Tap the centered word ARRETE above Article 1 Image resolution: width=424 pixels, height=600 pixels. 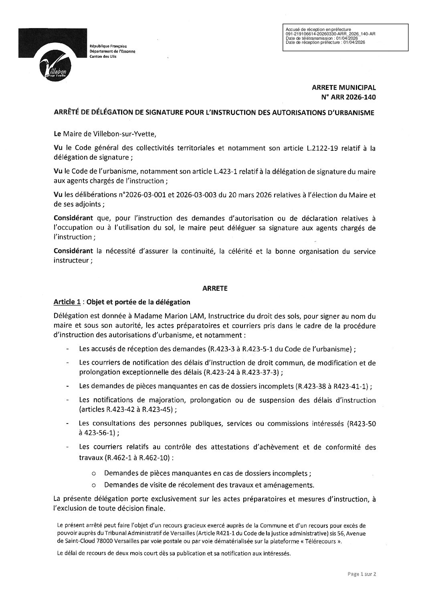(x=214, y=288)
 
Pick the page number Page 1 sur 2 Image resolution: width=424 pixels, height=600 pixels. (x=361, y=585)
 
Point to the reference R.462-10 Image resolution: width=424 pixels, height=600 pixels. (x=155, y=457)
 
